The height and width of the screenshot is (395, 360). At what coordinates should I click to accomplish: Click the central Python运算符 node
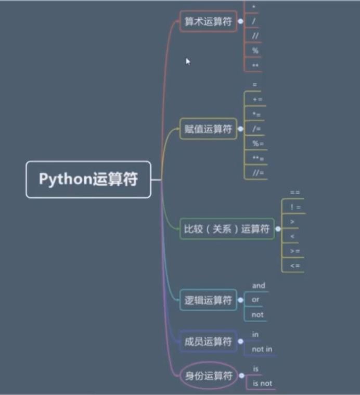[88, 179]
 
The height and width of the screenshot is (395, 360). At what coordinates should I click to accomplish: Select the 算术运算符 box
[208, 21]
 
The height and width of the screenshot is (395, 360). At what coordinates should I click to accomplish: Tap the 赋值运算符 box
[208, 129]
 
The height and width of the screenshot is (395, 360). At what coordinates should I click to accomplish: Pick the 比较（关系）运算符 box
[227, 228]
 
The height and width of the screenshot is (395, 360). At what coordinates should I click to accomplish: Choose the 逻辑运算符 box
[208, 300]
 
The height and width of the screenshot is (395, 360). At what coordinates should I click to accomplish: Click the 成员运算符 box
[208, 341]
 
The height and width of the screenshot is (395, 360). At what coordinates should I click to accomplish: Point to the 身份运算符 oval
[208, 376]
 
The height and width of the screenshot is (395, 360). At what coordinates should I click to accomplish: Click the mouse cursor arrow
[188, 61]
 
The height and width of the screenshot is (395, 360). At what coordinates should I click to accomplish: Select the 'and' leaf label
[259, 286]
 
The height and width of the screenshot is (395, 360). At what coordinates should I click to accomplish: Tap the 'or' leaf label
[255, 300]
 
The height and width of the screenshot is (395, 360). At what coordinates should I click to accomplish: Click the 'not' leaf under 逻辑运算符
[258, 314]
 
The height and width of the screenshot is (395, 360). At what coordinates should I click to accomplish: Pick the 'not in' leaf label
[262, 349]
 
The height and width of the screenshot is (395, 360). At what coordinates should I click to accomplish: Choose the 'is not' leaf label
[262, 384]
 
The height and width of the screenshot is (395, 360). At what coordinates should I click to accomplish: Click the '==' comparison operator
[294, 193]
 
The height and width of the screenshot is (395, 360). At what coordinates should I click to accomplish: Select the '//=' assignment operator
[258, 173]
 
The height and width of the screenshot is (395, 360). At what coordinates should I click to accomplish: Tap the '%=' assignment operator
[258, 144]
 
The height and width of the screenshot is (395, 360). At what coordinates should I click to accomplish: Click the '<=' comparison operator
[294, 266]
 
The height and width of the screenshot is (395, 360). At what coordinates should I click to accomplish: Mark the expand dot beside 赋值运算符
[240, 129]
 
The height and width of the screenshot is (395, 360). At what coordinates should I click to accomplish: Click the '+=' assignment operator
[258, 99]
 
